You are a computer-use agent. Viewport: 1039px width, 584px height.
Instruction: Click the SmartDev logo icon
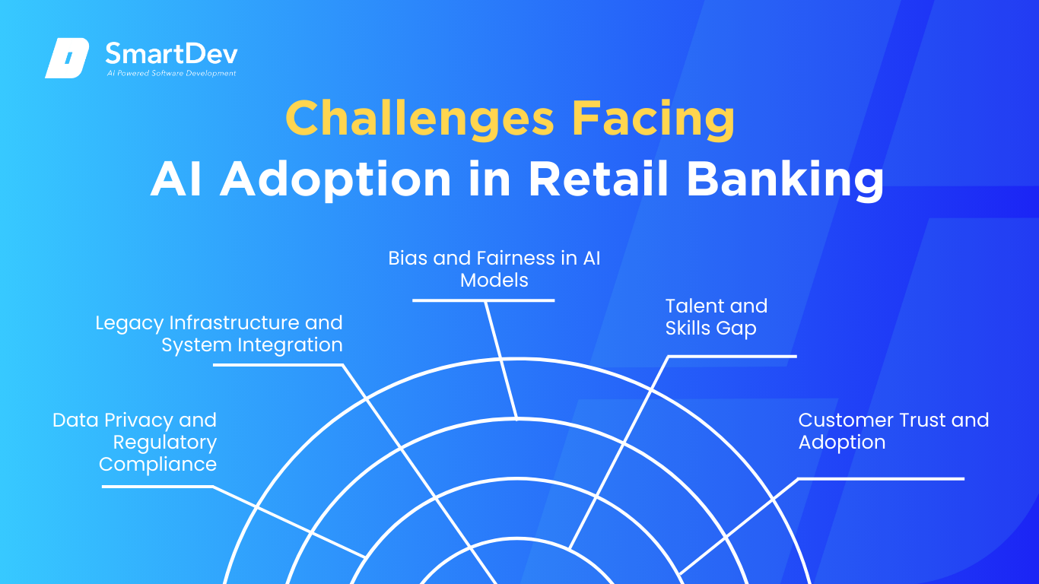click(x=67, y=58)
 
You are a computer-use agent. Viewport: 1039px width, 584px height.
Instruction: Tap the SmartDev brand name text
click(x=172, y=54)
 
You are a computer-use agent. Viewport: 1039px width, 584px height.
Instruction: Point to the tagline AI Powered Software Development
click(x=172, y=73)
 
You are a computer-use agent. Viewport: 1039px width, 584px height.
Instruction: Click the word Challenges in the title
click(x=420, y=119)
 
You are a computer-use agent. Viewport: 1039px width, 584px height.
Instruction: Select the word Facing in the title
click(x=653, y=119)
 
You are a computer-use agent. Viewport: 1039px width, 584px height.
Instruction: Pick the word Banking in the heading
click(x=785, y=180)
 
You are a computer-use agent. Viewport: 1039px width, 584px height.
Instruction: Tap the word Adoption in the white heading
click(x=335, y=180)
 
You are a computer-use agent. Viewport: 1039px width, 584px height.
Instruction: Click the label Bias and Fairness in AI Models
click(x=494, y=269)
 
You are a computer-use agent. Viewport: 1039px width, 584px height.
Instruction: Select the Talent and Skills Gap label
click(x=716, y=317)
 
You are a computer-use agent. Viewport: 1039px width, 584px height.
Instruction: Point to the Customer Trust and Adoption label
click(x=894, y=431)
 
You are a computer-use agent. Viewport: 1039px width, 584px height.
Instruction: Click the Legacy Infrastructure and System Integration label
click(x=219, y=334)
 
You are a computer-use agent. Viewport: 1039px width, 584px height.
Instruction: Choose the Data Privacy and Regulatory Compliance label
click(x=135, y=442)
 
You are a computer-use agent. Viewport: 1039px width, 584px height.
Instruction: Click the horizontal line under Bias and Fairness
click(x=483, y=300)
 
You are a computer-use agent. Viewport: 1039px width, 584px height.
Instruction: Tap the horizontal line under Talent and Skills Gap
click(x=732, y=356)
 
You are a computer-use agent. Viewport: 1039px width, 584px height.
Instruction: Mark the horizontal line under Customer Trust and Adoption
click(x=882, y=479)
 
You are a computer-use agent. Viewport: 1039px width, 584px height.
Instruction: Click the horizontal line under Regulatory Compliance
click(x=157, y=487)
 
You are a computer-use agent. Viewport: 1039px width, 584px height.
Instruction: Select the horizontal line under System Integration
click(x=278, y=365)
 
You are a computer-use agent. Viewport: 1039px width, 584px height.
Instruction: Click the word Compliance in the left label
click(x=157, y=465)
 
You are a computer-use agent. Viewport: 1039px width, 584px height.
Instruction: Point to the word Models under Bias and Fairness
click(x=494, y=280)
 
